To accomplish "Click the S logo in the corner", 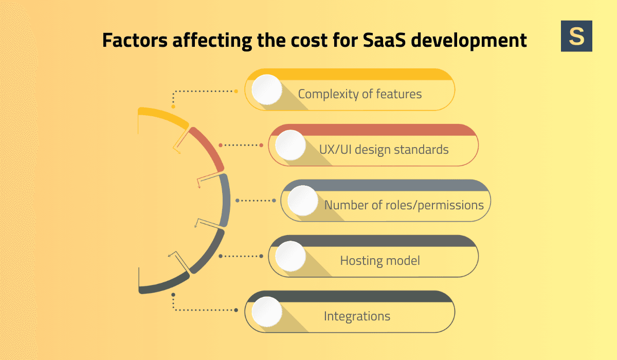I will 576,36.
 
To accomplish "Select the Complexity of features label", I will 360,94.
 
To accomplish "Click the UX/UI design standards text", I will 384,150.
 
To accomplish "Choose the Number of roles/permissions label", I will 404,205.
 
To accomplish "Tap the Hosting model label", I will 380,261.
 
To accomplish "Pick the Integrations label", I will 357,316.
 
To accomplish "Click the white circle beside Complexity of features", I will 266,90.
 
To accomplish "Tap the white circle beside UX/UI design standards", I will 291,145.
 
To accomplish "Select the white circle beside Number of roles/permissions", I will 303,201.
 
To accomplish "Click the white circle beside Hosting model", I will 291,256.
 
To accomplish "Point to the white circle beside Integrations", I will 266,312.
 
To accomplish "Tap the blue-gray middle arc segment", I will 225,201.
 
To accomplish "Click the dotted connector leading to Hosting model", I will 242,256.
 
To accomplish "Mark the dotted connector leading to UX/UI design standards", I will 242,145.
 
